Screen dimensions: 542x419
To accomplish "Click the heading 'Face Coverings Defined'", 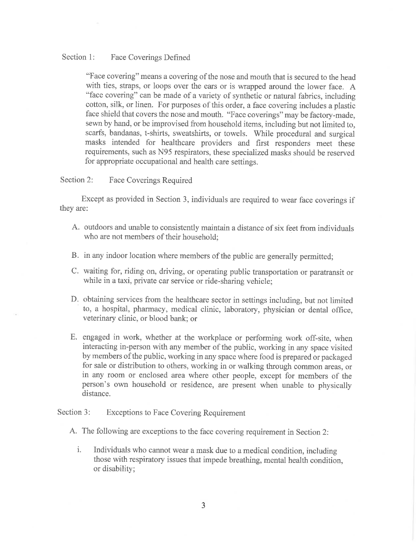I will [150, 58].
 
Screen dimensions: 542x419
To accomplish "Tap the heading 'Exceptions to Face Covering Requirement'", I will [176, 413].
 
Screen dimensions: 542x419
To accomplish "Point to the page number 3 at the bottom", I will [203, 505].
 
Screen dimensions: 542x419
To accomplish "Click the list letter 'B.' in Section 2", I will [75, 255].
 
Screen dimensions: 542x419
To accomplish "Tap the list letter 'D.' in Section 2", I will [75, 300].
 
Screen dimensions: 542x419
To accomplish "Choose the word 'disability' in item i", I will [117, 469].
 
